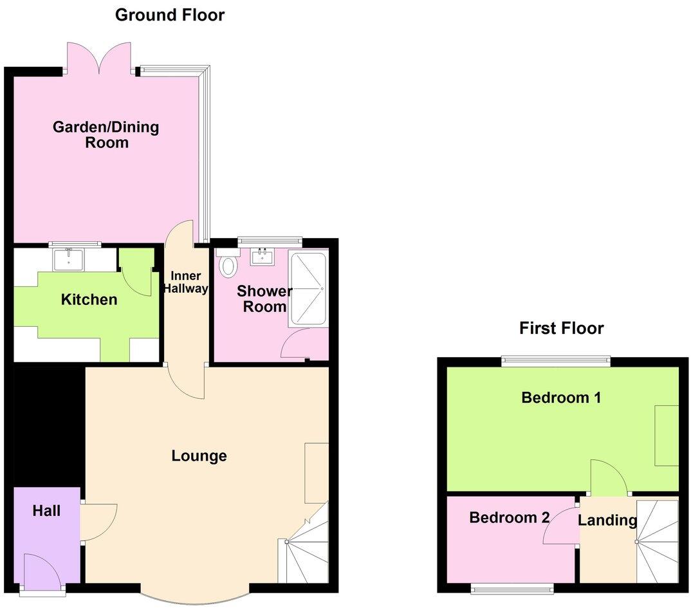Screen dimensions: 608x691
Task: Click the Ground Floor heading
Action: coord(170,15)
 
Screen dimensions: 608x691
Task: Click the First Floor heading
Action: coord(561,328)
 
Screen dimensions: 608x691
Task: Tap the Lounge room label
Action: coord(199,456)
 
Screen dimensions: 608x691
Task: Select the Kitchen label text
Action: coord(89,299)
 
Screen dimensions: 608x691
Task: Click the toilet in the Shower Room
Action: coord(227,264)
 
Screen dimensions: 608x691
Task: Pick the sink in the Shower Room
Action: coord(263,257)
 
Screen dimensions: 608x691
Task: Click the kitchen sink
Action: coord(68,259)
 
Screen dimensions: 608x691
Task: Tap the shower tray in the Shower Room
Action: coord(309,289)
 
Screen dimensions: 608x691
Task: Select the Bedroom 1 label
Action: coord(561,398)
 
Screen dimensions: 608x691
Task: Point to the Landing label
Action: coord(607,520)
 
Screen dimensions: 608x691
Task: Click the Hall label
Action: coord(47,511)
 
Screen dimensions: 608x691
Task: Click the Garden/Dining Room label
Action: coord(106,134)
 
